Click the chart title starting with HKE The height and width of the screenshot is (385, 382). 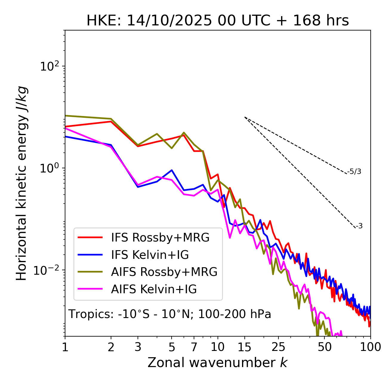tap(218, 21)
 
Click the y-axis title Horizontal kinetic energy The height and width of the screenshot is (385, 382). tap(22, 183)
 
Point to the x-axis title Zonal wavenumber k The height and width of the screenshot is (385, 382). tap(217, 362)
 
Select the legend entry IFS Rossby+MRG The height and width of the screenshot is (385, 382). tap(160, 237)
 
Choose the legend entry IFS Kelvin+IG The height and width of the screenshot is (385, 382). tap(150, 255)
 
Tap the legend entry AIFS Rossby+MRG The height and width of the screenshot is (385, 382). tap(164, 272)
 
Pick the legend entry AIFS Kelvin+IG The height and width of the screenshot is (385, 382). tap(154, 289)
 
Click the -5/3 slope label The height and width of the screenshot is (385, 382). tap(354, 172)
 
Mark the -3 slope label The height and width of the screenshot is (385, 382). tap(359, 226)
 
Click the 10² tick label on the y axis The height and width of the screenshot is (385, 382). tap(49, 66)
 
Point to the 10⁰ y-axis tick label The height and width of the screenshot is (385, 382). tap(49, 168)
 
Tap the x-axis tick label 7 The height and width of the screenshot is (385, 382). tap(194, 347)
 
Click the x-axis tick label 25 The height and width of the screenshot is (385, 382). tap(278, 347)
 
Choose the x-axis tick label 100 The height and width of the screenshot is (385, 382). tap(370, 347)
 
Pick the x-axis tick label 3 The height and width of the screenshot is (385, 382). tap(138, 347)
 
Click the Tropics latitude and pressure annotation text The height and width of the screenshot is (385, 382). tap(170, 314)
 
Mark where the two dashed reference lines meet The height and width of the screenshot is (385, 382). tap(245, 117)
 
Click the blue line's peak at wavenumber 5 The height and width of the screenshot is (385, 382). tap(172, 170)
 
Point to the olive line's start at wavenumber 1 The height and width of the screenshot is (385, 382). tap(65, 115)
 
